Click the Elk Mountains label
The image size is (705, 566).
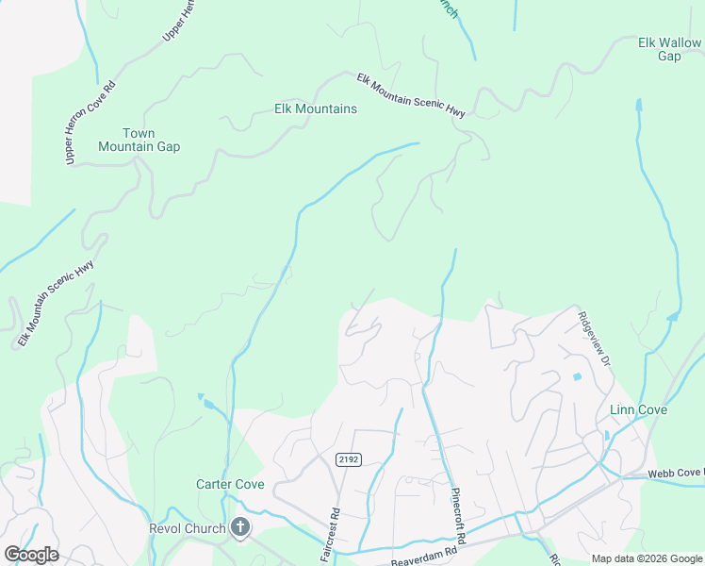[x=315, y=109]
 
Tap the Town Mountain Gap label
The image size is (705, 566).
[x=139, y=140]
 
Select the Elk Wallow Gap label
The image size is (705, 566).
[x=669, y=49]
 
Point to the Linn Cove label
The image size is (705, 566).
[x=638, y=410]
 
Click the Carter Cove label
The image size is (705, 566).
[x=230, y=485]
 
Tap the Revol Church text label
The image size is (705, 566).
[x=188, y=528]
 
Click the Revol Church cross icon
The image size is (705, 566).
[x=240, y=527]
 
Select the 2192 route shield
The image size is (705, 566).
[x=348, y=458]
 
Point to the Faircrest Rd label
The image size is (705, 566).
[x=336, y=534]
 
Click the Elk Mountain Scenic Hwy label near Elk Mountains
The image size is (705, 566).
[x=412, y=95]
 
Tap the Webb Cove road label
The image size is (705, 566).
[x=675, y=473]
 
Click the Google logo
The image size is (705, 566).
[x=31, y=554]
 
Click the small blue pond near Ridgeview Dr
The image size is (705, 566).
[x=576, y=377]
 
